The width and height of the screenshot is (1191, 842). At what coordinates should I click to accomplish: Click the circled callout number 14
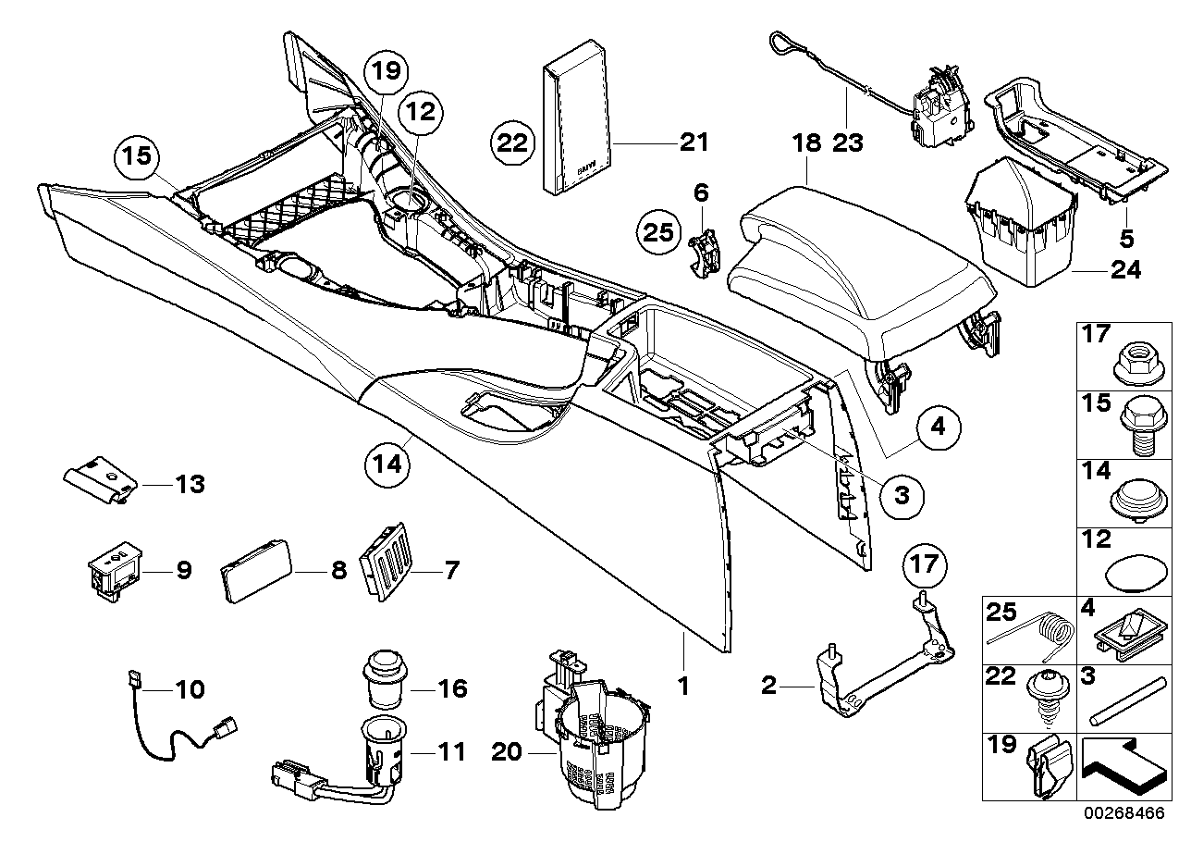389,462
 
